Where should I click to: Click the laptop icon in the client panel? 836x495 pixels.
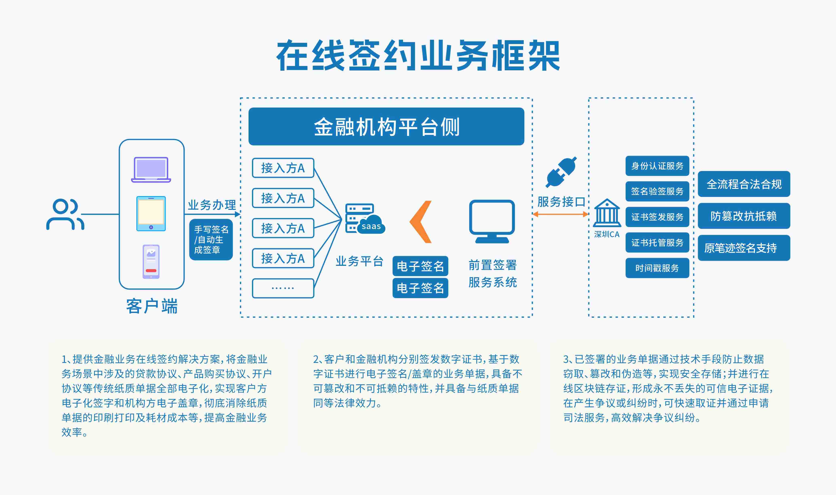pyautogui.click(x=151, y=169)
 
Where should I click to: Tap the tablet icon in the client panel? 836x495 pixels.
pyautogui.click(x=151, y=213)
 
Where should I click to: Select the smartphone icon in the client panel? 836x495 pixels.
pyautogui.click(x=151, y=262)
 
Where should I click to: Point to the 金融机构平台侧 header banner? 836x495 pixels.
pyautogui.click(x=386, y=126)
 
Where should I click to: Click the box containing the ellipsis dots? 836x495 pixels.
pyautogui.click(x=283, y=288)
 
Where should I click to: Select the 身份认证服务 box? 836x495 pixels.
pyautogui.click(x=657, y=166)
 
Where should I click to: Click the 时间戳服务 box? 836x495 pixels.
pyautogui.click(x=657, y=268)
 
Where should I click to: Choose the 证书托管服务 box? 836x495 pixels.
pyautogui.click(x=657, y=243)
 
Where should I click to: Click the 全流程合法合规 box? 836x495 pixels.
pyautogui.click(x=744, y=184)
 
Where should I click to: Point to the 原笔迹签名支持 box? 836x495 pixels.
pyautogui.click(x=744, y=248)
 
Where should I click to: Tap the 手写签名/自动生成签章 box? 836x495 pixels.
pyautogui.click(x=211, y=240)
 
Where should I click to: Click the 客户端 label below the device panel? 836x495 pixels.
pyautogui.click(x=152, y=306)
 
